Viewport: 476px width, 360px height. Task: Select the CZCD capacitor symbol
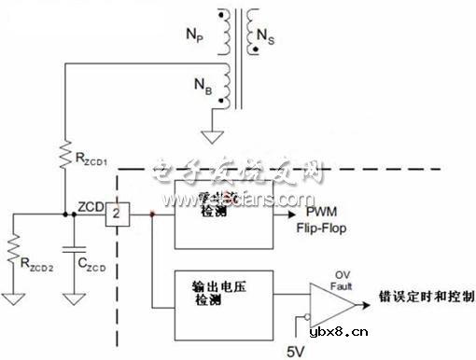(x=71, y=250)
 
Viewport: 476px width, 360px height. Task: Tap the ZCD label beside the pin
(x=90, y=205)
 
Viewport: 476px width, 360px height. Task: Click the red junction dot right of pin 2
(x=152, y=215)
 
